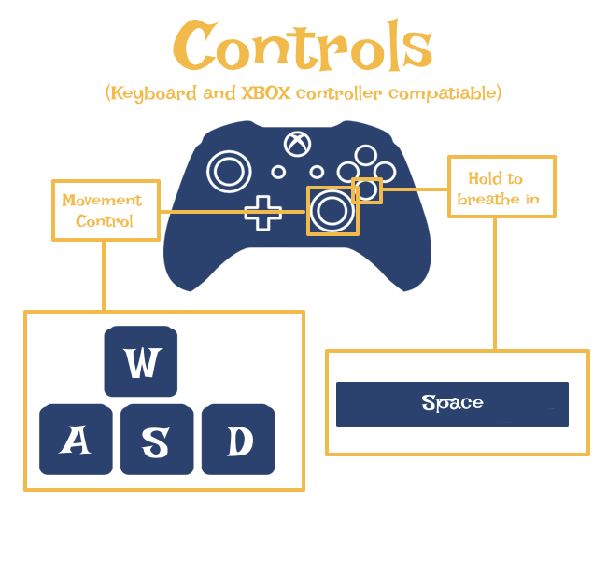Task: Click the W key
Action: coord(139,360)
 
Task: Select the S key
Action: coord(156,441)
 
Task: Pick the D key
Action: coord(239,440)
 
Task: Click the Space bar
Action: coord(455,403)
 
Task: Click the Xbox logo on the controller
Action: coord(298,144)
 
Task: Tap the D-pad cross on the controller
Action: coord(263,212)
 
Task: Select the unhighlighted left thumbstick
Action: coord(228,171)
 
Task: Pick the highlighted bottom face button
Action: coord(367,190)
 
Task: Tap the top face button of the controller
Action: coord(367,155)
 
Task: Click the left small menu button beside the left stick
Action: coord(278,172)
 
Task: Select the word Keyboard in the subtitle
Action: coord(153,92)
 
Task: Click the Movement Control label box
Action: coord(106,210)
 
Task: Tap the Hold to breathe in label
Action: coord(502,187)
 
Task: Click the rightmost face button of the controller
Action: coord(385,171)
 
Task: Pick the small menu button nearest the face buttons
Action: coord(317,172)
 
